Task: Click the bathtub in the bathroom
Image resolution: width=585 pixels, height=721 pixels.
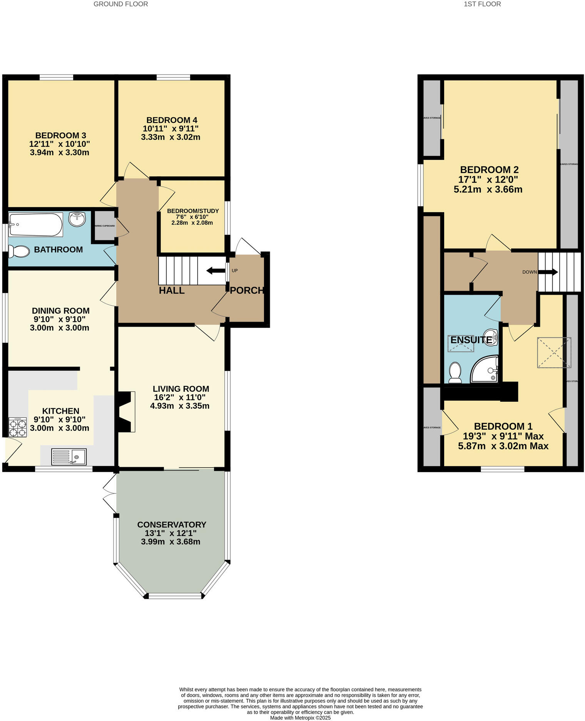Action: click(35, 225)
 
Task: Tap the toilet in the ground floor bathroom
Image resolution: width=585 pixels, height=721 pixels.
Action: click(19, 252)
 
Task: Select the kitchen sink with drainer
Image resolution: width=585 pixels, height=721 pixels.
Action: click(69, 457)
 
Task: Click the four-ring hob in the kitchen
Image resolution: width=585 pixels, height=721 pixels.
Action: click(17, 427)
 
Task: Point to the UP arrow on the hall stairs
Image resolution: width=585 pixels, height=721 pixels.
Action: click(216, 271)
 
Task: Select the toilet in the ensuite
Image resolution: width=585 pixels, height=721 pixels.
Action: click(455, 372)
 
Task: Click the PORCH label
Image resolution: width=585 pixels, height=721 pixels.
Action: click(247, 290)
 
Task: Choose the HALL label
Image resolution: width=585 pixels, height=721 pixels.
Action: click(172, 290)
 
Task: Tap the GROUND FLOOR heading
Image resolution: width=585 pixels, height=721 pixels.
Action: click(120, 4)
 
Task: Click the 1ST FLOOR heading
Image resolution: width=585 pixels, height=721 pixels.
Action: click(482, 4)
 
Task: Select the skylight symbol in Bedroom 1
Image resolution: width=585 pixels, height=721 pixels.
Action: click(554, 352)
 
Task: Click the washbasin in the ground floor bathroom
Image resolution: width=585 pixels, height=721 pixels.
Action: click(77, 219)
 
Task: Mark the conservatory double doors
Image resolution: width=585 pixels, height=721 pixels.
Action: click(110, 493)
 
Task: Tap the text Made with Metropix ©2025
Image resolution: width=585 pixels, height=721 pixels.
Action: click(300, 718)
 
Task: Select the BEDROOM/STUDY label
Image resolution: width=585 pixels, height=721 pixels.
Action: click(193, 211)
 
